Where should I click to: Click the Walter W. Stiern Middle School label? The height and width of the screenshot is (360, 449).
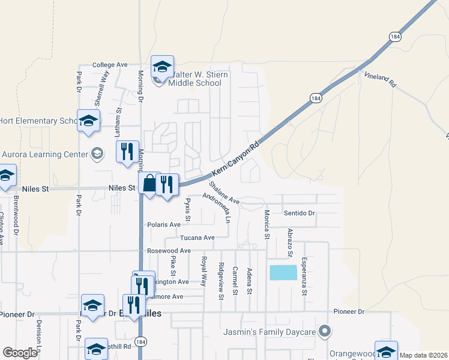pos(195,79)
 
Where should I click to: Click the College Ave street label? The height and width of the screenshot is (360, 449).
pos(110,65)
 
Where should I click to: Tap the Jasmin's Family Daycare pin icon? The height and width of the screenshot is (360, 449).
pos(325,331)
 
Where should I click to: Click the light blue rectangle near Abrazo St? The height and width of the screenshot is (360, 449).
pos(283,272)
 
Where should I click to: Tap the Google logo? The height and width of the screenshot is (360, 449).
pos(20,353)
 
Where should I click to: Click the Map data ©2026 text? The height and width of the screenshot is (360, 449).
pos(424,355)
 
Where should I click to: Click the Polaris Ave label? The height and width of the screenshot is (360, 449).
pos(164,224)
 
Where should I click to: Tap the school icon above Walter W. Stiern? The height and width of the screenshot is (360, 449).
pos(162,67)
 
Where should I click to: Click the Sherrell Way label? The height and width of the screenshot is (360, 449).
pos(104,88)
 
